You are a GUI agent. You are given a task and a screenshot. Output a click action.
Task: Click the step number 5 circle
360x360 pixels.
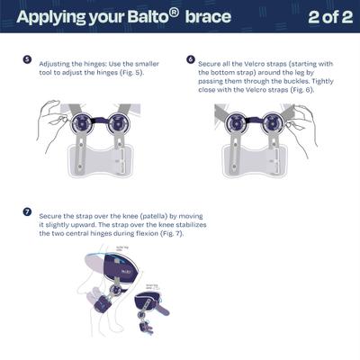[x=27, y=59]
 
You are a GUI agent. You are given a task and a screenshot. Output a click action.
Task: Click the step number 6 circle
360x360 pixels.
[x=190, y=59]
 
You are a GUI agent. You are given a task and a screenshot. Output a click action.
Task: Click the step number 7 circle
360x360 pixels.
[x=27, y=213]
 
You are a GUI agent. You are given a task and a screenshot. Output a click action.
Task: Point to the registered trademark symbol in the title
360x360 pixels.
[x=174, y=13]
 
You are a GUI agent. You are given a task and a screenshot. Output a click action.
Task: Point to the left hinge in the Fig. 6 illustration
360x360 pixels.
[x=239, y=124]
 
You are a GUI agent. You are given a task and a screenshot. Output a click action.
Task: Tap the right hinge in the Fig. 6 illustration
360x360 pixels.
[x=280, y=124]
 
